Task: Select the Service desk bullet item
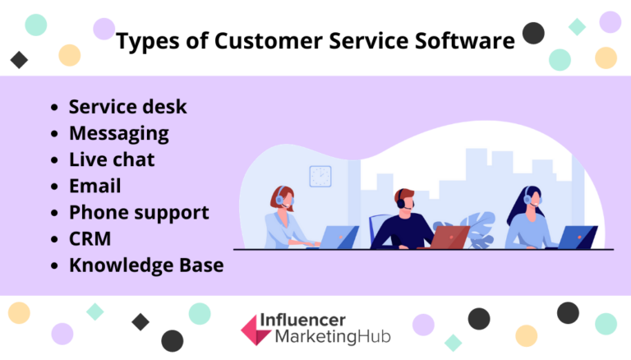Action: pyautogui.click(x=127, y=107)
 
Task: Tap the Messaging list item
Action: pyautogui.click(x=118, y=133)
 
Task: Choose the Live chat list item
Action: pyautogui.click(x=112, y=159)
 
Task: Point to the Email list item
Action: pyautogui.click(x=94, y=186)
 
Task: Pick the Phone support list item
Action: pyautogui.click(x=139, y=212)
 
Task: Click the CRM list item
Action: pyautogui.click(x=90, y=238)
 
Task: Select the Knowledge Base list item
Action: pyautogui.click(x=146, y=265)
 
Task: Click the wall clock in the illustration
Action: pyautogui.click(x=320, y=176)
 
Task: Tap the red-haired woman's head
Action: pyautogui.click(x=280, y=196)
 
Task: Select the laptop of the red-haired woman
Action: pyautogui.click(x=339, y=237)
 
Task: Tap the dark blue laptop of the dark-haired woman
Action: pyautogui.click(x=578, y=237)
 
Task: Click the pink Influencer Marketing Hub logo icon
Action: pyautogui.click(x=256, y=329)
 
